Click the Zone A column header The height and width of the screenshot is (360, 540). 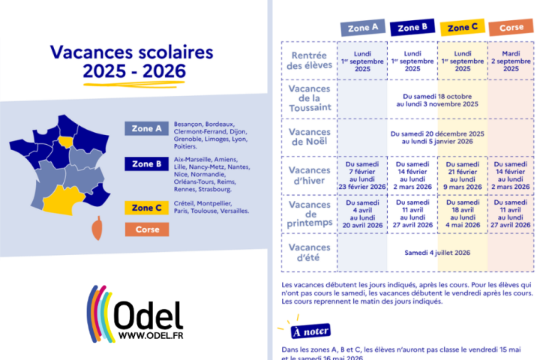click(364, 28)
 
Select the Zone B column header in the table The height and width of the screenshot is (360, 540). click(412, 28)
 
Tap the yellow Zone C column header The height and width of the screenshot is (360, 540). click(462, 28)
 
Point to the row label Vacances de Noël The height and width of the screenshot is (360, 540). click(309, 137)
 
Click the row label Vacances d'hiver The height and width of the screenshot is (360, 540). click(309, 175)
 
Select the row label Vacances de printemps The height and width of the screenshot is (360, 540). click(309, 214)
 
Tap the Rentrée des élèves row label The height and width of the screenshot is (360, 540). click(309, 59)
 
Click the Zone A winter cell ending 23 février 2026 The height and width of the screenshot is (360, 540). click(364, 175)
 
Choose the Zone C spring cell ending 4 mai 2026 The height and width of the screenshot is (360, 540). click(462, 214)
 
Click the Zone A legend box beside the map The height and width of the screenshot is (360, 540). click(146, 128)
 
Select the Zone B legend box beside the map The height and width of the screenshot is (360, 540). click(146, 163)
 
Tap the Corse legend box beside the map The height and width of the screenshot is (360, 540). click(146, 229)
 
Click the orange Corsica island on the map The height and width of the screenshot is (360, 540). click(97, 226)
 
